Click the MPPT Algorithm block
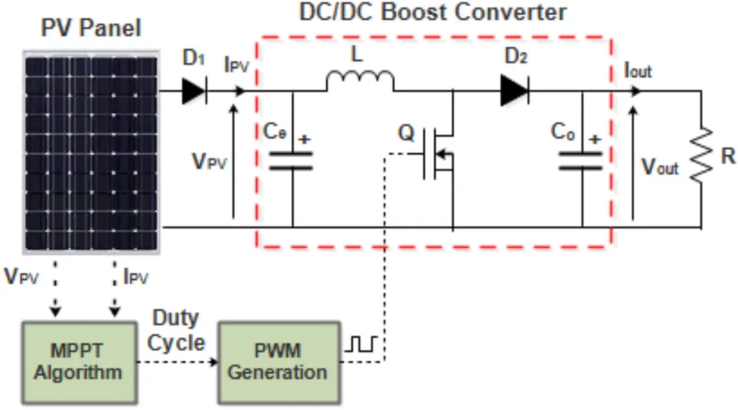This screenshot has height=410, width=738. click(x=79, y=362)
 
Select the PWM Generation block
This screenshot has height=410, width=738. click(x=279, y=362)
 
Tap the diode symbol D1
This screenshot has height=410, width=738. click(x=194, y=91)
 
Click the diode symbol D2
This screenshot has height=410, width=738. click(x=515, y=90)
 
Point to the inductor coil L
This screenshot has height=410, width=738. click(x=360, y=81)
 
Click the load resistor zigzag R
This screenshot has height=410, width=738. click(x=701, y=153)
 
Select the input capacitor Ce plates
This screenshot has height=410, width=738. click(x=291, y=160)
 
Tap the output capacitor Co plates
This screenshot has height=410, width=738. click(x=581, y=161)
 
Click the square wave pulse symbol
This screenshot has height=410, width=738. click(x=361, y=344)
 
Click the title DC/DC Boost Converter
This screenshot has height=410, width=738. click(x=433, y=12)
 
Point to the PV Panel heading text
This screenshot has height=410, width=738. click(x=91, y=27)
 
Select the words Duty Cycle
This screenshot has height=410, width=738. click(x=176, y=331)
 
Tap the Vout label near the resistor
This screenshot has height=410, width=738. click(x=660, y=166)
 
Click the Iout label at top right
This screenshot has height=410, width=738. click(x=638, y=71)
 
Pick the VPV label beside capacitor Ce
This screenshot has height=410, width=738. click(x=210, y=161)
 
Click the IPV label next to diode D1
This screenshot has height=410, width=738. click(x=236, y=64)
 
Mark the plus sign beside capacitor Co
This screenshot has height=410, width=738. click(x=595, y=139)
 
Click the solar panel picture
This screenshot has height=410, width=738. click(x=92, y=152)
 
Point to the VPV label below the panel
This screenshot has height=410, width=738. click(x=21, y=277)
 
